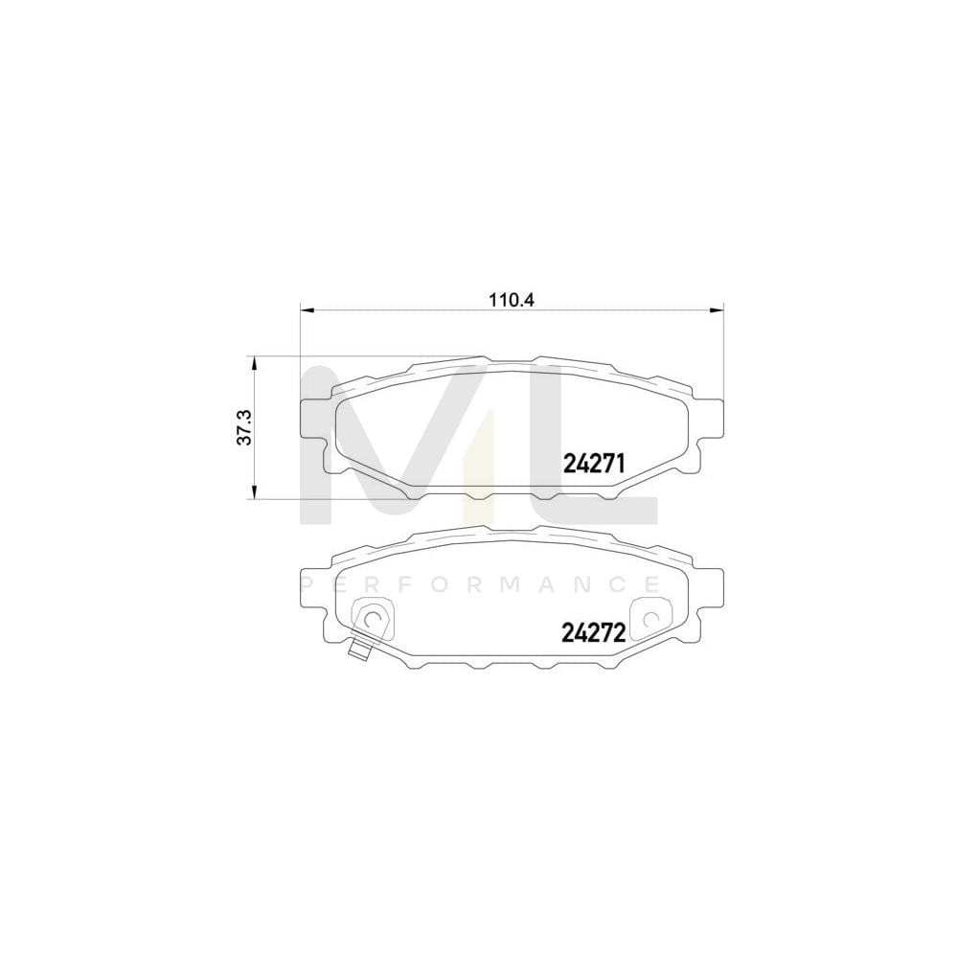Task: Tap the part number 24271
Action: (593, 465)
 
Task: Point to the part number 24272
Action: (593, 632)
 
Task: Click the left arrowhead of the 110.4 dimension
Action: (307, 308)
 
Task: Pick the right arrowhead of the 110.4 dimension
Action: (717, 308)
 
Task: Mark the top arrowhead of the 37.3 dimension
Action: (254, 362)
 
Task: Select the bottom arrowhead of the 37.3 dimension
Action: (254, 493)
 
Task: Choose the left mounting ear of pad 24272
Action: (313, 594)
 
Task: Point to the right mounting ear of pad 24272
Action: (711, 594)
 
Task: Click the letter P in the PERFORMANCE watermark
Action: (307, 583)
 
